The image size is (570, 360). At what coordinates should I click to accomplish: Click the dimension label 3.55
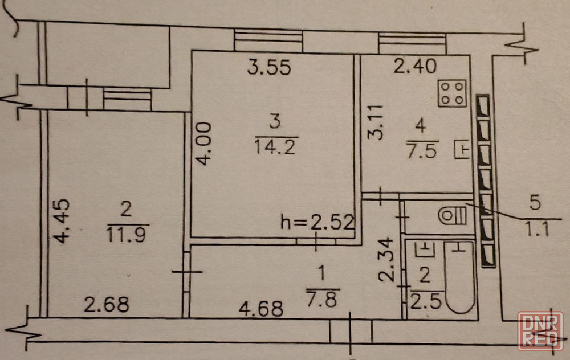tap(270, 67)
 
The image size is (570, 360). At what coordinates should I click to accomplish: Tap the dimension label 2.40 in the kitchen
tap(415, 67)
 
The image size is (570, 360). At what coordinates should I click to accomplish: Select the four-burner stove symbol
tap(452, 93)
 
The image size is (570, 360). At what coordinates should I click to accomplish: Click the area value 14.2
tap(275, 147)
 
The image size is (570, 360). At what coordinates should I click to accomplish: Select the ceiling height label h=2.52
tap(317, 222)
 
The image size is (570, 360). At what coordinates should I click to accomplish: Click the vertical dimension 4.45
tap(61, 220)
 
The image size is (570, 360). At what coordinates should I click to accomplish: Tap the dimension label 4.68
tap(261, 309)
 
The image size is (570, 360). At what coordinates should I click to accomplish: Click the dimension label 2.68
tap(107, 304)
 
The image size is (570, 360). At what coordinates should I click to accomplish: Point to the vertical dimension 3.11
tap(376, 122)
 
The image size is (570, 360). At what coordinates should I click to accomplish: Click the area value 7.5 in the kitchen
tap(422, 150)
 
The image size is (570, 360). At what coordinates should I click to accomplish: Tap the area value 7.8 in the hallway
tap(323, 300)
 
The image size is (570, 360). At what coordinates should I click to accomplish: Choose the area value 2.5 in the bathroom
tap(426, 301)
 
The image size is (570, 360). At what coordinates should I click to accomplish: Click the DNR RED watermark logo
tap(540, 331)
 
